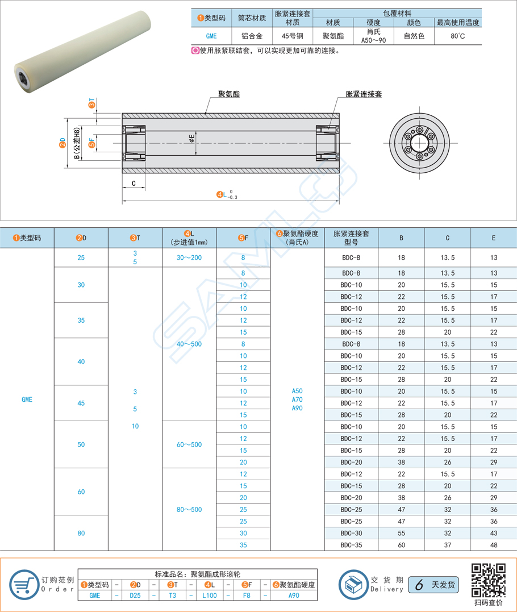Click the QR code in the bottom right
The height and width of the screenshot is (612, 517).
coord(489,580)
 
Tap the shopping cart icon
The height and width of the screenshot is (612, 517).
coord(23,584)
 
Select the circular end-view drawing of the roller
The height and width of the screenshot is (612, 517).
coord(420,141)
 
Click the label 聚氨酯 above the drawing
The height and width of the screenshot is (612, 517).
coord(228,94)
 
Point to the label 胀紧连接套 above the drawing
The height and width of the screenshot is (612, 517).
coord(363,94)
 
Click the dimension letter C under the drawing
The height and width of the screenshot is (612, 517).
coord(134,183)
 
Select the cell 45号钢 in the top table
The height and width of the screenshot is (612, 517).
coord(292,36)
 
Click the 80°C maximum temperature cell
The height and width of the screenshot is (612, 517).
coord(458,36)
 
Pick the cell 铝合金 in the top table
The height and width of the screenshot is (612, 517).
coord(252,36)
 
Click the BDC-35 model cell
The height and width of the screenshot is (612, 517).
coord(351,545)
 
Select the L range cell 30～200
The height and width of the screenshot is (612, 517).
coord(189,257)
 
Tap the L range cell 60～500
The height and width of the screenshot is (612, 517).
coord(189,444)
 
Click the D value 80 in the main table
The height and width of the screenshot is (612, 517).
coord(81,533)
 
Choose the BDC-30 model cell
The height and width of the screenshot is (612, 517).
coord(351,533)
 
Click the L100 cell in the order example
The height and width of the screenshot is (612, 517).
coord(209,596)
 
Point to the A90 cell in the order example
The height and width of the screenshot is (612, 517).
coord(293,596)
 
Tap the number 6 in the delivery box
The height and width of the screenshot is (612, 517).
coord(419,585)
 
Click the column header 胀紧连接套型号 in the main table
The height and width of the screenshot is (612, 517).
coord(351,238)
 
